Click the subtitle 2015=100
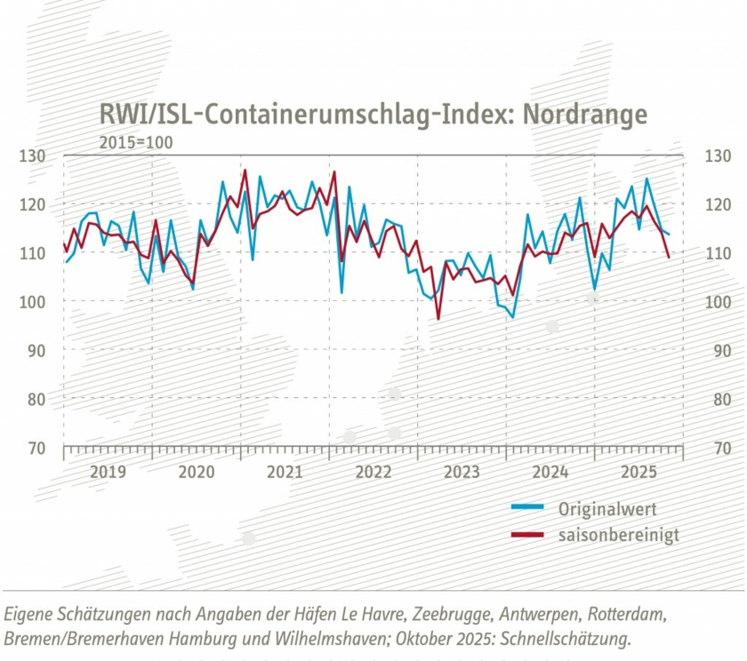pyautogui.click(x=136, y=142)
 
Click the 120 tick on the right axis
pyautogui.click(x=716, y=205)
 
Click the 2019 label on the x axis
pyautogui.click(x=108, y=471)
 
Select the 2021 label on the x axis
pyautogui.click(x=285, y=471)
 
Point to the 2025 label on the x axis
pyautogui.click(x=639, y=471)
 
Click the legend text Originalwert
pyautogui.click(x=606, y=509)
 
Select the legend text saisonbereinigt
pyautogui.click(x=618, y=535)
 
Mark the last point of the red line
pyautogui.click(x=669, y=257)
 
